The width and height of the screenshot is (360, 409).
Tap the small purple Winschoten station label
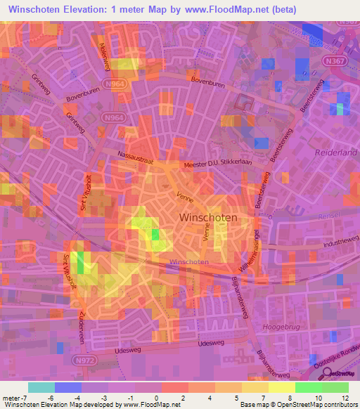[x=189, y=262]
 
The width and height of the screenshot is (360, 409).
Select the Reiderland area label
[x=337, y=152]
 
